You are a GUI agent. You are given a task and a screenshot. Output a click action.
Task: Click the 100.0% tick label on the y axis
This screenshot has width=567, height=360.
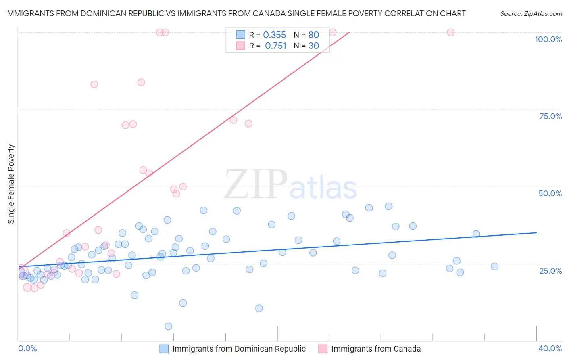[548, 39]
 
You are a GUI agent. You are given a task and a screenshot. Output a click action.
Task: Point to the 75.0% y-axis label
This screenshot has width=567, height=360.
[550, 116]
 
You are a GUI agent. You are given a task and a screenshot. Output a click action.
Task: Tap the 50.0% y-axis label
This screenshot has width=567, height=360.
[550, 193]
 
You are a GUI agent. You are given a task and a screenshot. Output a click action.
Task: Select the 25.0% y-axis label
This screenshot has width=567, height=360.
[550, 271]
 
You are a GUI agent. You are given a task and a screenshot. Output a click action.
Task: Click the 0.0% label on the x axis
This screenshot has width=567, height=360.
[27, 348]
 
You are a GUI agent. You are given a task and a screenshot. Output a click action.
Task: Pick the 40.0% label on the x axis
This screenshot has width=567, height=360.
[550, 348]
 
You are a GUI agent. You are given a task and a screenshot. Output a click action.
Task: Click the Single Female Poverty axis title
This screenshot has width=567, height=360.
[11, 184]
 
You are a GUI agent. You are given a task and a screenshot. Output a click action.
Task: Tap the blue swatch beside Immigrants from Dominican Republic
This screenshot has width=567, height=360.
[164, 349]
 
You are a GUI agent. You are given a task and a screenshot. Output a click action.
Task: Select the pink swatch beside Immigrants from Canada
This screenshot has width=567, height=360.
[323, 349]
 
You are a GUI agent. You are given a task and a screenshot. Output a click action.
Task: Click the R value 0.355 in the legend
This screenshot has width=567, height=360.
[274, 35]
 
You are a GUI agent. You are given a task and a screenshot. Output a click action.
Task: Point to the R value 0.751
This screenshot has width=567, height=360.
[275, 46]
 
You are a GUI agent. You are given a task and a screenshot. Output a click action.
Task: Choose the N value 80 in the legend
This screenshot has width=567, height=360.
[313, 35]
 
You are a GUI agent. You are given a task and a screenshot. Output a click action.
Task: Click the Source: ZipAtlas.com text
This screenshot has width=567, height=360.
[531, 14]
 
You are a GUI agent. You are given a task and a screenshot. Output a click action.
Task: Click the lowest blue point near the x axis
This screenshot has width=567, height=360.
[169, 327]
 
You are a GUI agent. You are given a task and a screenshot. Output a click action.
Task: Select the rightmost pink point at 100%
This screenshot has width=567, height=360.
[450, 32]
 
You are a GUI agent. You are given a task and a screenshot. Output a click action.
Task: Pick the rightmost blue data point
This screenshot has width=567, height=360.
[494, 266]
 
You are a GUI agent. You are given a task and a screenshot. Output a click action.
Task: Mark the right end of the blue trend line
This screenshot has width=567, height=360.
[536, 233]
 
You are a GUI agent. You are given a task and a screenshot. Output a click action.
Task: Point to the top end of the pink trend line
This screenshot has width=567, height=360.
[349, 32]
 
